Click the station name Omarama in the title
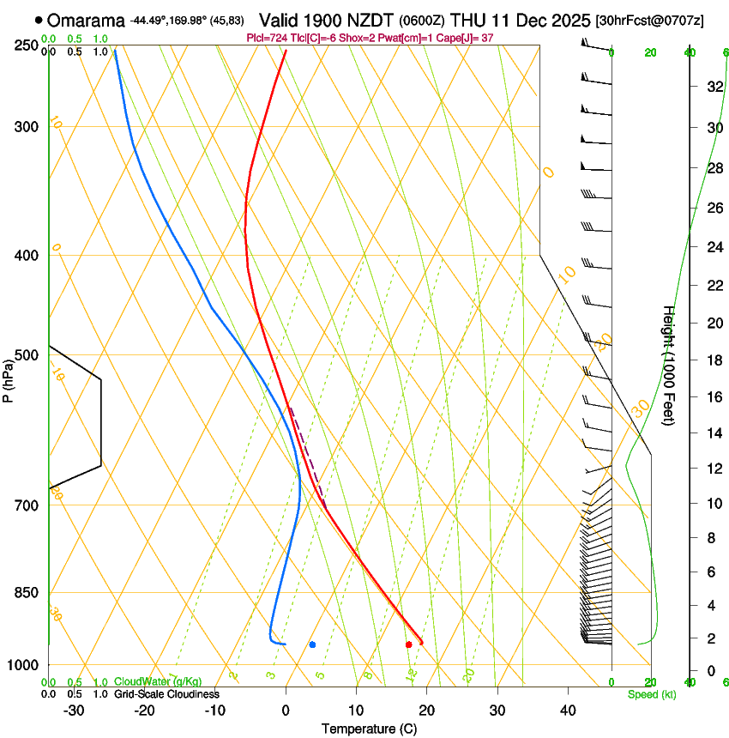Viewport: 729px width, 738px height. pos(86,20)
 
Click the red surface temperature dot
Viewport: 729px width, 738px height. pos(408,644)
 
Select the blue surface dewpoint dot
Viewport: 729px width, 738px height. pos(312,644)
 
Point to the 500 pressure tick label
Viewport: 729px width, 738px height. pos(26,355)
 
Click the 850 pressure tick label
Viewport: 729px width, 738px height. pos(26,593)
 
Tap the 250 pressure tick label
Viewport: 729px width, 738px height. pos(26,45)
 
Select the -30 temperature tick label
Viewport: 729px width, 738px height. pos(74,711)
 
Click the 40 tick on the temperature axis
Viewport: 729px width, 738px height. pos(567,711)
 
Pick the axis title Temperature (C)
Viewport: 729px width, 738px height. pos(369,729)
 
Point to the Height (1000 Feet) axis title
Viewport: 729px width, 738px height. pos(669,366)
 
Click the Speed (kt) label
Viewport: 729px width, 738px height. pos(651,694)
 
